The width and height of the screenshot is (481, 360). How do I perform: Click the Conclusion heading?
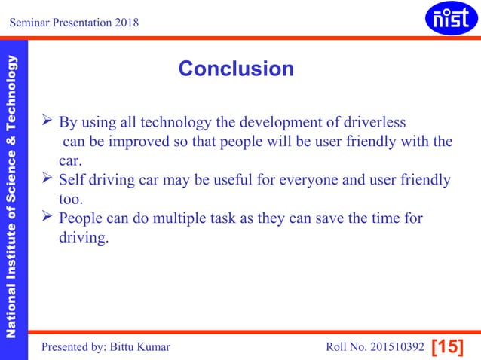tap(236, 69)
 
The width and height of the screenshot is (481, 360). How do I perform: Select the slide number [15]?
tap(447, 346)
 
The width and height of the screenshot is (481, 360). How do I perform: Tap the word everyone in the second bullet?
tap(310, 181)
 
